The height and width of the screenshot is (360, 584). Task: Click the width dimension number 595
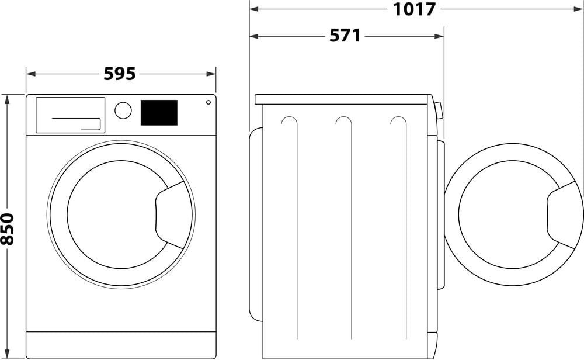tap(120, 74)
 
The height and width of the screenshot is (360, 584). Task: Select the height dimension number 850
tap(8, 228)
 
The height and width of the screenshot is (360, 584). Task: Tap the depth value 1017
tap(414, 9)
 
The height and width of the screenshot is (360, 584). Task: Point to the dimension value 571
tap(345, 36)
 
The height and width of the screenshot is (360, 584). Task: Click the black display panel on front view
tap(159, 113)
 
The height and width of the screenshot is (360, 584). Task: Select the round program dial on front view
tap(123, 110)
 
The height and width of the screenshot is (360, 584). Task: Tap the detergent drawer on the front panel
tap(70, 115)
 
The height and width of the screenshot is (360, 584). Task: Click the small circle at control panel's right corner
tap(208, 102)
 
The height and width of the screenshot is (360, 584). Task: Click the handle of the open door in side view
tap(563, 214)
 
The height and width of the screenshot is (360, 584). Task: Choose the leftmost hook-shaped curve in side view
tap(288, 121)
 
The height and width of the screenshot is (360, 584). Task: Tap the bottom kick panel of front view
tap(121, 345)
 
